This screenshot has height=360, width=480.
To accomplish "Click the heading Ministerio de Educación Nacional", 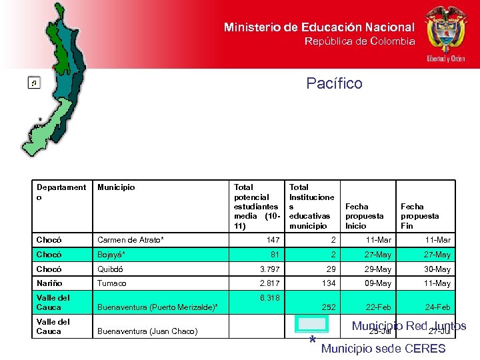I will [x=319, y=27].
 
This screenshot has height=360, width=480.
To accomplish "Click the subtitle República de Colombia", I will [x=359, y=41].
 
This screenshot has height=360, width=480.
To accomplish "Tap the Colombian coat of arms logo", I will [x=446, y=33].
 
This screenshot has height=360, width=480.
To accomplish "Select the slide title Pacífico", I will [x=335, y=83].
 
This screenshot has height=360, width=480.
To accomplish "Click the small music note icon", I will [x=33, y=83].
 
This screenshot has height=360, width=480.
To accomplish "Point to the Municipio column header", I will [x=116, y=187].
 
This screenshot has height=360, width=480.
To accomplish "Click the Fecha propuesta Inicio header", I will [x=364, y=216].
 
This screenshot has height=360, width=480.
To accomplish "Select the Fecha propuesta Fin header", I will [x=419, y=216].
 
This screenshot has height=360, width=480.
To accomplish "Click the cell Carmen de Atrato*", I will [x=131, y=240].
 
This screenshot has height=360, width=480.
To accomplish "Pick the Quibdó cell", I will [x=111, y=269].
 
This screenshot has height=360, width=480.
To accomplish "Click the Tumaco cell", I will [x=112, y=283].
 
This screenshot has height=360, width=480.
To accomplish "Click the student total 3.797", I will [x=269, y=269].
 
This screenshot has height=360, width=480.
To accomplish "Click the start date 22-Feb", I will [x=379, y=307].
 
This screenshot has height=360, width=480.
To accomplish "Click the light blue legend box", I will [x=312, y=325].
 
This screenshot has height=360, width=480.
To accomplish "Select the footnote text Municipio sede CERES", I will [x=383, y=349].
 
